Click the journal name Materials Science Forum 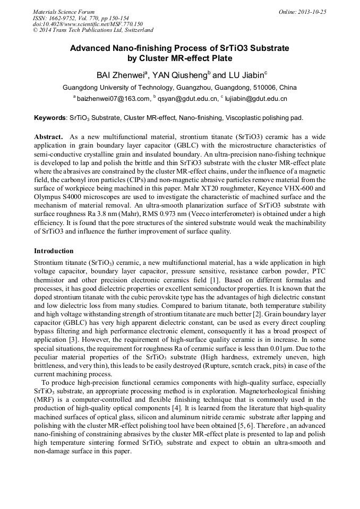coord(64,12)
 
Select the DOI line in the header coord(88,24)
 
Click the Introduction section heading coord(54,251)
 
